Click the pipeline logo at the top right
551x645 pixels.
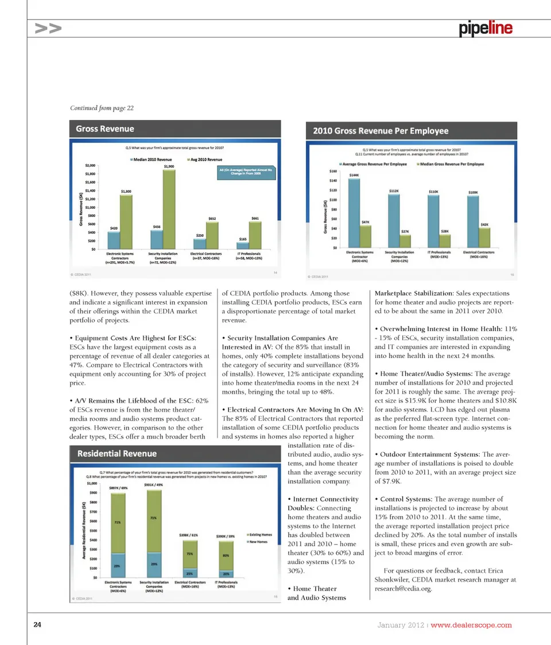tap(485, 28)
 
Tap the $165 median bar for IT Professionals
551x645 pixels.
tap(243, 246)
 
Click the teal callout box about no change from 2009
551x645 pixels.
tap(247, 172)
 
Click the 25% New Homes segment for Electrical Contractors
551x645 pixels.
tap(190, 573)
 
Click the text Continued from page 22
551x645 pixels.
tap(102, 108)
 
